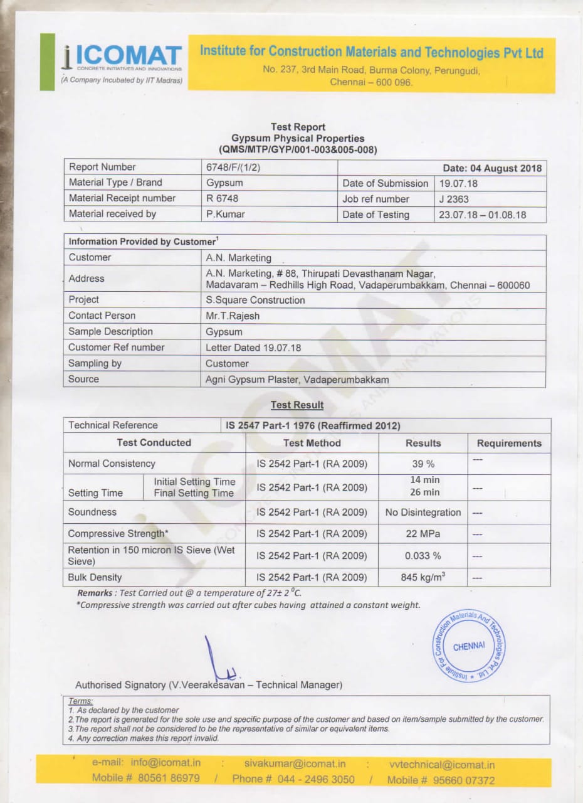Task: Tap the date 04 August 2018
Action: coord(492,168)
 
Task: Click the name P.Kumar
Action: coord(226,214)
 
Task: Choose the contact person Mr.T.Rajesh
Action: coord(233,316)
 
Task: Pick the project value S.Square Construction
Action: coord(255,300)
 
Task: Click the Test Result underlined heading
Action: coord(297,405)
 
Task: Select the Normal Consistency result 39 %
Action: coord(423,464)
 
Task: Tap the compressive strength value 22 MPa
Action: coord(423,534)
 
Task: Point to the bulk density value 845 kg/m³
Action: coord(423,577)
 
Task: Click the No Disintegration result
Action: coord(423,513)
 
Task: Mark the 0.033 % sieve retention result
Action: coord(423,556)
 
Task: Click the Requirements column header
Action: coord(508,444)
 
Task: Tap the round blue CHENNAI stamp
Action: coord(469,647)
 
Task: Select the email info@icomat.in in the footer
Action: coord(165,763)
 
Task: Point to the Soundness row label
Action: coord(92,512)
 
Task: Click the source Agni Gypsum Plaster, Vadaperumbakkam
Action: coord(297,380)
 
